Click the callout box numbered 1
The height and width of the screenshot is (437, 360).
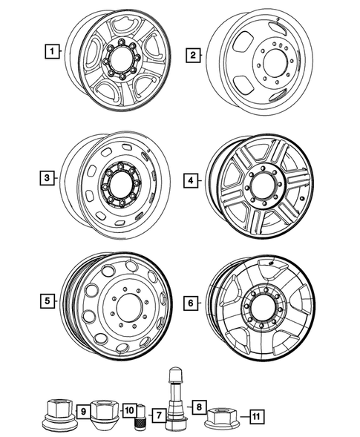(51, 52)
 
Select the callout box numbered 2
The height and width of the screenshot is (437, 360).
(192, 55)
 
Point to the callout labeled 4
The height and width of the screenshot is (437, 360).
(192, 180)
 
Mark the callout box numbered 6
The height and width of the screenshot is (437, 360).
(192, 303)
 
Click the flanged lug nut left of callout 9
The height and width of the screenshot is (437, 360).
(57, 415)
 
